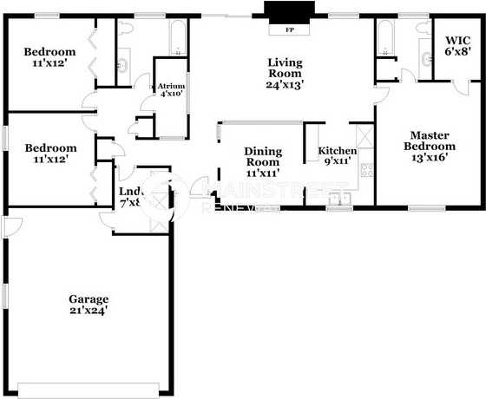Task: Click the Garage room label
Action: click(89, 299)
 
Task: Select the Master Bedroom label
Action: click(429, 141)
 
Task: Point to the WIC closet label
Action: click(457, 40)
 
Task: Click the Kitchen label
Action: click(338, 151)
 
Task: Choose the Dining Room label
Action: click(262, 156)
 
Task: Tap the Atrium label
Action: click(170, 87)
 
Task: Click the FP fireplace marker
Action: click(288, 29)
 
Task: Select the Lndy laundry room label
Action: click(130, 193)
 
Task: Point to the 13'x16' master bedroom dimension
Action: click(429, 158)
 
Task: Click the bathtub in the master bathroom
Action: click(384, 35)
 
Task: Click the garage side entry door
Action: click(10, 227)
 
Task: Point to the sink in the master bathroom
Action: click(428, 59)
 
